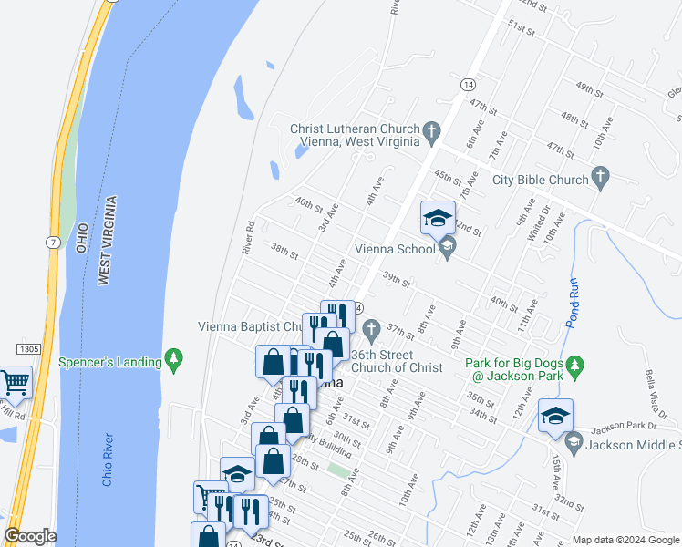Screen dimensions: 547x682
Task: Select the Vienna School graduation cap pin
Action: pos(438,218)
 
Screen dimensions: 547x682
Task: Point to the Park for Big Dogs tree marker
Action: pos(574,366)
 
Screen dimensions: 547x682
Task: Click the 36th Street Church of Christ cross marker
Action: pos(370,328)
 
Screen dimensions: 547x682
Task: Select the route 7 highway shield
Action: pos(53,241)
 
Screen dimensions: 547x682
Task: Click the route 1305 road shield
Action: pos(27,349)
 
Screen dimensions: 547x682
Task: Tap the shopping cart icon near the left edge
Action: pos(15,383)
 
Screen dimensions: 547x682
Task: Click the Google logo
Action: pos(30,536)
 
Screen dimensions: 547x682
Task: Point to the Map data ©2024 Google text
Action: pos(625,540)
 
